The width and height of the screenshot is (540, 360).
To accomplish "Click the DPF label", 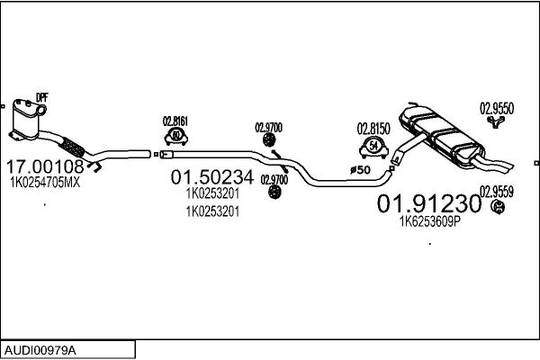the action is (42, 97).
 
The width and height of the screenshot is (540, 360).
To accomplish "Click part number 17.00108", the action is (45, 166).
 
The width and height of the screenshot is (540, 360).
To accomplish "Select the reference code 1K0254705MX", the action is (45, 183).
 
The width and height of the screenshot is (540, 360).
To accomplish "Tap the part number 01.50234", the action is (212, 177).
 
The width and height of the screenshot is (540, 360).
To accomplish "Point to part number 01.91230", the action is (428, 203).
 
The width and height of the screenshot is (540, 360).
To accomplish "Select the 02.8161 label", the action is (175, 121).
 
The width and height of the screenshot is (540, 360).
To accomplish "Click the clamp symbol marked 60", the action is (176, 136).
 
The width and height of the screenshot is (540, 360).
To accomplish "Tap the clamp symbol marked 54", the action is (373, 147).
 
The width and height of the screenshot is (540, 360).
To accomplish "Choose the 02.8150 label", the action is (373, 129).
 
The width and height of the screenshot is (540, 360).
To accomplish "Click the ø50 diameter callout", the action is (360, 170).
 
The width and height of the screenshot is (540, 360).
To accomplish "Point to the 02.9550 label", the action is (497, 109).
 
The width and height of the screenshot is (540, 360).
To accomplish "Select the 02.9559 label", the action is (497, 192).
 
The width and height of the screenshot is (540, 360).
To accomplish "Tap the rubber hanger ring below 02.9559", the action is (498, 207).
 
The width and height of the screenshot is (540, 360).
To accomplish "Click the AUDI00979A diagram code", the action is (40, 350).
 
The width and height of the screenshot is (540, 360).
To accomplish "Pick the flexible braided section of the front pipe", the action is (72, 148).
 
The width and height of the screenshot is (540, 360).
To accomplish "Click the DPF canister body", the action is (25, 119).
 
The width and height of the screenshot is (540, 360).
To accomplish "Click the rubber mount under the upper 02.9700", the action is (268, 139).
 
